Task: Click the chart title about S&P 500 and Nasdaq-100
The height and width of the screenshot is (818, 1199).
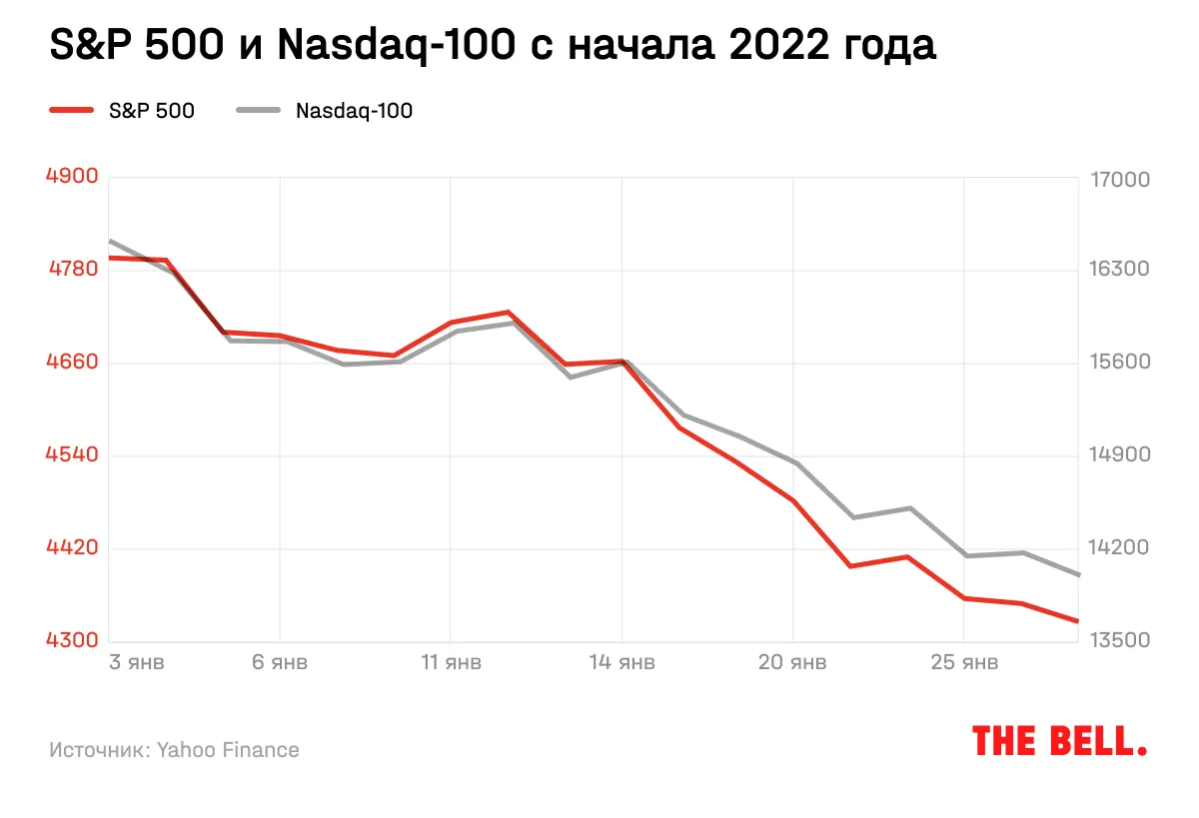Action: pos(493,46)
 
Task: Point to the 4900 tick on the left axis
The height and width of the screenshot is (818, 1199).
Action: pos(72,177)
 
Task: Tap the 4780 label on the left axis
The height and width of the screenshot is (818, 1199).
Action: pos(72,270)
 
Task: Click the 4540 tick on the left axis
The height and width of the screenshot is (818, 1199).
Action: pos(72,455)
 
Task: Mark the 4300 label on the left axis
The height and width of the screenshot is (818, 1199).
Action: pos(72,641)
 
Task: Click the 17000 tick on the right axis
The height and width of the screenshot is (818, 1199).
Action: pos(1121,181)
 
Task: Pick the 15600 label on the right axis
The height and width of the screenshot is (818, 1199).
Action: pos(1121,363)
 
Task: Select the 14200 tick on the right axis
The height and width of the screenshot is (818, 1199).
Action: pos(1121,548)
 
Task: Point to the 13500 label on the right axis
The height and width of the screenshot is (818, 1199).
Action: pos(1121,640)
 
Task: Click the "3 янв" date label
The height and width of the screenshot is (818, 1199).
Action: pos(136,662)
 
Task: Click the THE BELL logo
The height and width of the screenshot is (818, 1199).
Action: pos(1059,741)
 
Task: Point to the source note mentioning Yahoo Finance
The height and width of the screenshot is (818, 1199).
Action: pos(174,749)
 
